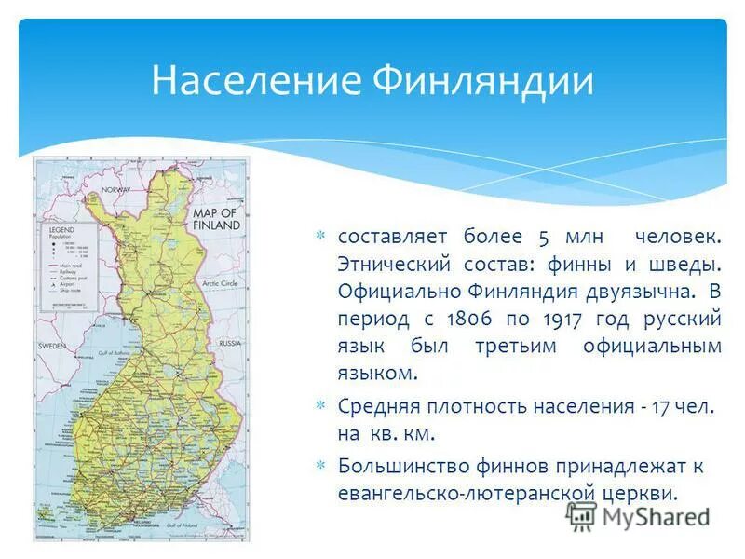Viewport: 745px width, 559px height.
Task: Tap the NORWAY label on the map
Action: [x=116, y=189]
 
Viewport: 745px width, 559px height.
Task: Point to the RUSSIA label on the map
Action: [x=229, y=343]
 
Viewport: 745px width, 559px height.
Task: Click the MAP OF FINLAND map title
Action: [x=216, y=219]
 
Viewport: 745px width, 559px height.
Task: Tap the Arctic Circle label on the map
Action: [x=222, y=281]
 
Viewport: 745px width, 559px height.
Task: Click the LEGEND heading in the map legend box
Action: [x=61, y=229]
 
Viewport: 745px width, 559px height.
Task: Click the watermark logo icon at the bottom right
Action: [x=582, y=515]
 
